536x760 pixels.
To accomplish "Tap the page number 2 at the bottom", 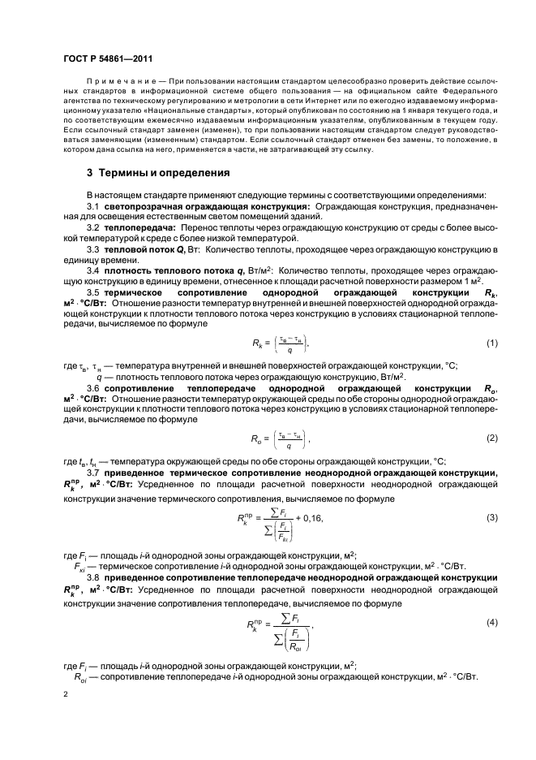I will tap(66, 695).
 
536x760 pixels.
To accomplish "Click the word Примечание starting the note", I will tap(114, 84).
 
